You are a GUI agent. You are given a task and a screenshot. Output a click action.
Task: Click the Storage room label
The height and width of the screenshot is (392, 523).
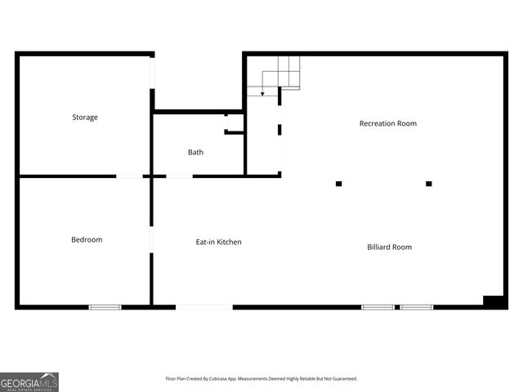point(85,118)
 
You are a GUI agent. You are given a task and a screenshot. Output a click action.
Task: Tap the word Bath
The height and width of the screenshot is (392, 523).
point(196,152)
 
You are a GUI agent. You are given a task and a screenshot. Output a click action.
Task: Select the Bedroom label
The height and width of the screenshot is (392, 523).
point(87,239)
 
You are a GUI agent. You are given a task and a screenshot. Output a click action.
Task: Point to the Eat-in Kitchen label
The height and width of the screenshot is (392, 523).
point(218,242)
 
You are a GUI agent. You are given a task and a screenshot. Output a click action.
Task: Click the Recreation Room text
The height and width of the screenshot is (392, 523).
point(388,123)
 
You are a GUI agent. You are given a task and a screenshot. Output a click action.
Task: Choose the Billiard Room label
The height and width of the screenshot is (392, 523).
point(389,247)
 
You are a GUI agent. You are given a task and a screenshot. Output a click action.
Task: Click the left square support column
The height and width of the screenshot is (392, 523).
point(338,184)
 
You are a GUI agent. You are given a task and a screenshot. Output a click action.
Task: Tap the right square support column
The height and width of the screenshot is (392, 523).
point(428,184)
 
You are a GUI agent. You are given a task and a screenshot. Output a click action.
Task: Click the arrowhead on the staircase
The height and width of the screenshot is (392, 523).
point(261,95)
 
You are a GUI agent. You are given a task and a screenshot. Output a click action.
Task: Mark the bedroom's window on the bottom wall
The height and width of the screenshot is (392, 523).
point(105,307)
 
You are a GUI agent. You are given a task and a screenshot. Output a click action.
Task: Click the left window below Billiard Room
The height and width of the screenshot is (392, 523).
point(378,307)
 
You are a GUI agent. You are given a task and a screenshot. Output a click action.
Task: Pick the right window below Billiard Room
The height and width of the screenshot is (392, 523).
point(417,307)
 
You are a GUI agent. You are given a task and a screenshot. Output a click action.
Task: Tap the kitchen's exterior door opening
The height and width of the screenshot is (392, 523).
point(204,307)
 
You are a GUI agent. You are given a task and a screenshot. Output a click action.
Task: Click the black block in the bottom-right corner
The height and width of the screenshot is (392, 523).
point(494,301)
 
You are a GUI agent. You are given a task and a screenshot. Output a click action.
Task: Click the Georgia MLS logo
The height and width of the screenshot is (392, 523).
point(29,381)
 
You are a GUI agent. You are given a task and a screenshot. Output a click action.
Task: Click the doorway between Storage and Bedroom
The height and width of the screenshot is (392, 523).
point(129,176)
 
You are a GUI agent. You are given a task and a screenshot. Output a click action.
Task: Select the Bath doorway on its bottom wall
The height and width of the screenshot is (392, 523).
point(179,176)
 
